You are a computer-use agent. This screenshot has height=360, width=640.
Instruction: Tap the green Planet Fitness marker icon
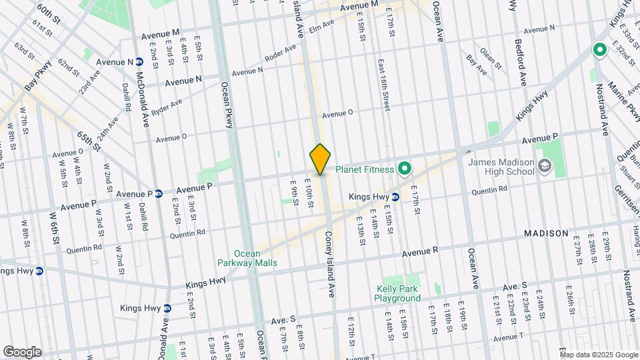tap(404, 169)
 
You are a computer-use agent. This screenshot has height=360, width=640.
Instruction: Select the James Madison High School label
tap(501, 166)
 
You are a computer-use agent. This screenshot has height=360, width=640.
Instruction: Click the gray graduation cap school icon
tap(545, 167)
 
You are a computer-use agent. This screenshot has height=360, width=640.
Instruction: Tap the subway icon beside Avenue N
tap(140, 62)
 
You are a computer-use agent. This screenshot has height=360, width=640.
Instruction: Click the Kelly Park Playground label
tap(398, 293)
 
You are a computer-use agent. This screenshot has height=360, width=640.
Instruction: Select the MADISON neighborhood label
tap(546, 233)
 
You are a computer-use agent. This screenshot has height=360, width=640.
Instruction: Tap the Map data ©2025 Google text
tap(599, 354)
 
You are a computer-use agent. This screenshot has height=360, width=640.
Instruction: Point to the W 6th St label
tap(55, 231)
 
